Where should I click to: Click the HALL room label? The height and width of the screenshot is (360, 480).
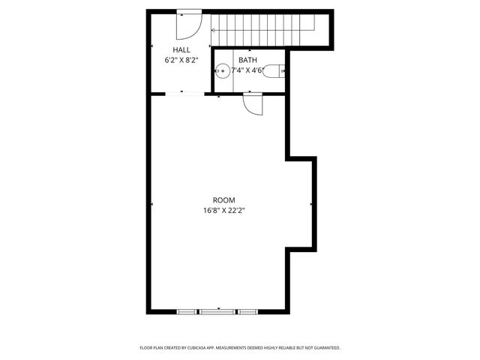coord(181,49)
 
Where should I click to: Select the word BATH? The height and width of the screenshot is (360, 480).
coord(247,60)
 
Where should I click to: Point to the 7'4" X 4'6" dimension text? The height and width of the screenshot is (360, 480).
coord(247,70)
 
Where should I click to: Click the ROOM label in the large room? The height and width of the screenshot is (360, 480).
coord(223,200)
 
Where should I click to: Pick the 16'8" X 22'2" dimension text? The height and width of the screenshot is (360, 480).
coord(223,211)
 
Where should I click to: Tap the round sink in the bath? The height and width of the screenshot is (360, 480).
coord(222,72)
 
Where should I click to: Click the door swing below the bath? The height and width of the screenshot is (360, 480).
coord(253,103)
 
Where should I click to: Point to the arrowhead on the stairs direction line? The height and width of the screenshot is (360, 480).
coord(213,30)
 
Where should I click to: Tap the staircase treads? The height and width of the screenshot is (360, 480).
coord(262,30)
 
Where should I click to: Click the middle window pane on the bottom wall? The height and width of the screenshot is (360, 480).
coord(217,310)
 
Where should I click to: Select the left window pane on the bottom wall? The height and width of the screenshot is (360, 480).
coord(187,310)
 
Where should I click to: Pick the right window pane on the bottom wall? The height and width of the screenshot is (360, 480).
coord(247,310)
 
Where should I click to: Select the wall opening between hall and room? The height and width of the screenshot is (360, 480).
coord(183,94)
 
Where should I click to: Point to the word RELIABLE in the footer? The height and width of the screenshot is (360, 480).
coord(281,348)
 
